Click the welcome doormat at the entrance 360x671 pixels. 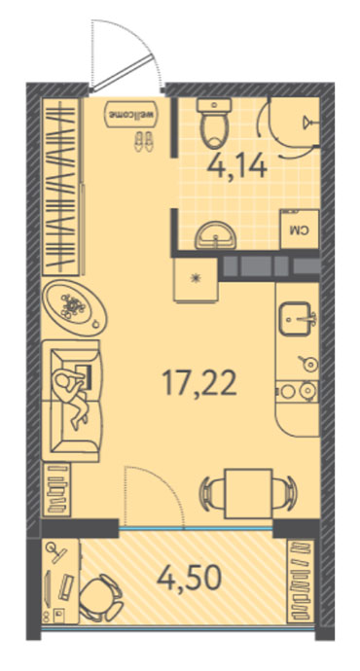[131, 114]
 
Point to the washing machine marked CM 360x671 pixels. [300, 230]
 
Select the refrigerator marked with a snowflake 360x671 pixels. [196, 279]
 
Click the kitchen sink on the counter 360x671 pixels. [296, 319]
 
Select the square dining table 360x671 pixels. [249, 493]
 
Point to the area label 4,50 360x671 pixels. [189, 578]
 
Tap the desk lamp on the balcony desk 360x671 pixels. [55, 552]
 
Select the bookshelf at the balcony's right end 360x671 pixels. [302, 581]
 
